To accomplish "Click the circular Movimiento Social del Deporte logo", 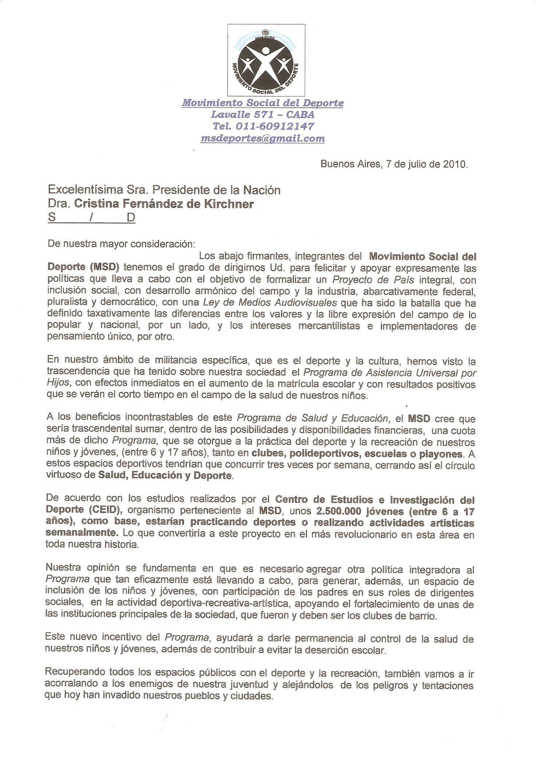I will coord(266,65).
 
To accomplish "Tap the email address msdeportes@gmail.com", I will coord(263,138).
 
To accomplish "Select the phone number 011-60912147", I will coord(275,126).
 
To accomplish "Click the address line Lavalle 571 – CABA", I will coord(263,115).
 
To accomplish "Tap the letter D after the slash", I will coord(131,218).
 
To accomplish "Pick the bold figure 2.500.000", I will coord(339,511).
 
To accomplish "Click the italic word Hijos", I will coord(57,384).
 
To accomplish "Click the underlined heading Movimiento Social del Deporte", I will coord(263,103).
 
